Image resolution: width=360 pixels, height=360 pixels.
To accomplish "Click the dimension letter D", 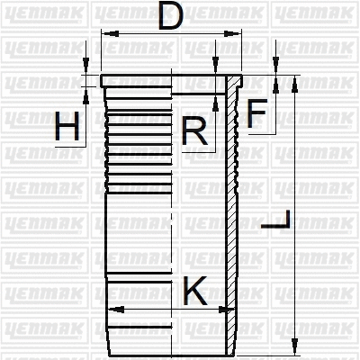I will tap(170, 18).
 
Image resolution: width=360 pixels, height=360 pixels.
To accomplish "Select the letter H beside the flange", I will tap(67, 128).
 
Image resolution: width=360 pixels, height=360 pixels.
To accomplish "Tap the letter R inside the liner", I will tap(194, 131).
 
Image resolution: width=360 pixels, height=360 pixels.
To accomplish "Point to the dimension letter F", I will tap(256, 114).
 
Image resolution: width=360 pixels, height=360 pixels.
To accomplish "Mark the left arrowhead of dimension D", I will tap(106, 34).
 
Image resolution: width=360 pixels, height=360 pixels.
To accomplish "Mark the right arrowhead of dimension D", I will tap(237, 34).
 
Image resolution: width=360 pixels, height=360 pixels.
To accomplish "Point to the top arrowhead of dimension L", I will tap(294, 81).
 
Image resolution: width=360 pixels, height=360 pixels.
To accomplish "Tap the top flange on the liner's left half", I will tap(135, 81).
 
